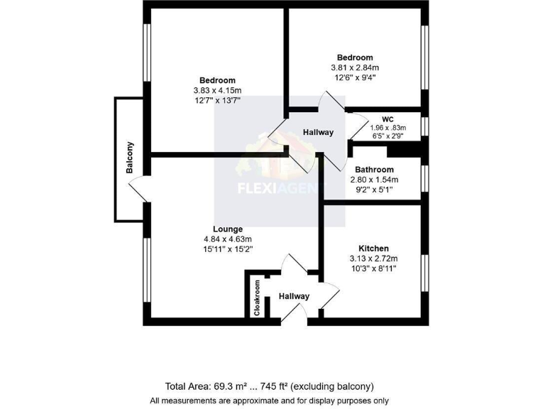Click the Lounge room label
227,229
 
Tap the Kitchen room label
373,249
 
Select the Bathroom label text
374,170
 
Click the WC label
387,119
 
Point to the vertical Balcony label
130,158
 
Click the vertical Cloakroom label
258,298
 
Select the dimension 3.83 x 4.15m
217,91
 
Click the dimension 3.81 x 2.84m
355,68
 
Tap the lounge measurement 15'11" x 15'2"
227,249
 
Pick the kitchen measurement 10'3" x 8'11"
373,269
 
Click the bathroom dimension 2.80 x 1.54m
374,180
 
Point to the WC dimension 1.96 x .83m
387,127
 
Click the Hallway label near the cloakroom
294,296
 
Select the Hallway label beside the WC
318,133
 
